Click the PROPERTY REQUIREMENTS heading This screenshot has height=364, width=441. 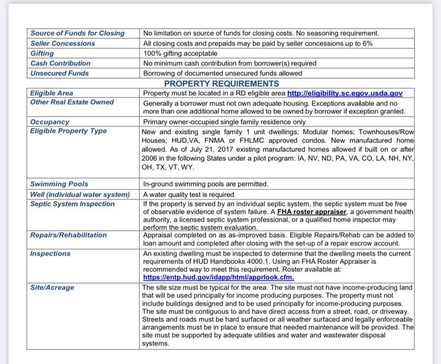pos(221,83)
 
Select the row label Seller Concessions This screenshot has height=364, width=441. pos(62,44)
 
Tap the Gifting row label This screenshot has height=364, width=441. pos(42,53)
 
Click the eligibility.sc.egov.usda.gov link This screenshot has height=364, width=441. pos(345,93)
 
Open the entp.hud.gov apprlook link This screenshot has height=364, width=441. pos(219,277)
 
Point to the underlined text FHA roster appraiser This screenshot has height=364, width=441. pos(312,212)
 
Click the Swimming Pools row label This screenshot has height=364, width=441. pos(59,184)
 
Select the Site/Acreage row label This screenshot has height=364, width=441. pos(52,287)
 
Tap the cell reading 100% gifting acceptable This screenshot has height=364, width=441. pos(180,53)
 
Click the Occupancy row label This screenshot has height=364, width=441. pos(50,122)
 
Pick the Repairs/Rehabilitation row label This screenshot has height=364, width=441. pos(68,235)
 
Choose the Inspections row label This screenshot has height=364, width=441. pos(50,254)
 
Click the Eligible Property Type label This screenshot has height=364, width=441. pos(68,131)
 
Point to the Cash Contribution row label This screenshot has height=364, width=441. pos(60,63)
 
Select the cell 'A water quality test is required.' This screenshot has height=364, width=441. pos(189,194)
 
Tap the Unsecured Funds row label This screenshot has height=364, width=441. pos(60,73)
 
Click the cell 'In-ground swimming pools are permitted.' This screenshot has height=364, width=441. pos(205,184)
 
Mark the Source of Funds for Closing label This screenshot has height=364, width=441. pos(77,33)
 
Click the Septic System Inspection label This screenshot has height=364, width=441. pos(73,204)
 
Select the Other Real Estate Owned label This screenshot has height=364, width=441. pos(72,102)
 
